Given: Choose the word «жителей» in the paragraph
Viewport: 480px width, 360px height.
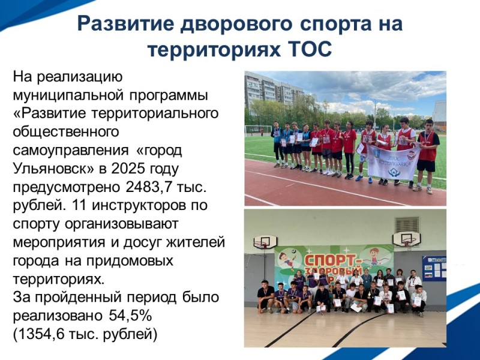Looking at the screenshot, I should pyautogui.click(x=196, y=242).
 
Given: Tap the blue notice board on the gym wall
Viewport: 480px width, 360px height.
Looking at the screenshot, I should pyautogui.click(x=434, y=267).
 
